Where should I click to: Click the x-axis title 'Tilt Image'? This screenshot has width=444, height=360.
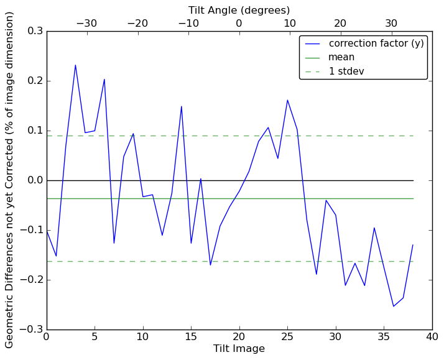[239, 349]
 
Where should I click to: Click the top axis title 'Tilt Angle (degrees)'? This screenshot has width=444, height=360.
[239, 10]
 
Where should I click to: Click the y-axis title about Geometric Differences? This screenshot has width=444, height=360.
[10, 180]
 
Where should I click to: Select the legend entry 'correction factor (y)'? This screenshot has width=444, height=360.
[376, 44]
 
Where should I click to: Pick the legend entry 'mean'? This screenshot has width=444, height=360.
[341, 57]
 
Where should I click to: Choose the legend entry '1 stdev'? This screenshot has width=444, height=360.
[346, 71]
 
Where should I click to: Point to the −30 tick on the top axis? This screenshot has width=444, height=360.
[86, 23]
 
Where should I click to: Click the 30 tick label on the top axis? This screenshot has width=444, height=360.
[391, 23]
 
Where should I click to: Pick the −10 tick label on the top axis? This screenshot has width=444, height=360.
[188, 23]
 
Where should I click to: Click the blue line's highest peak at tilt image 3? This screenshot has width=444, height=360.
[75, 65]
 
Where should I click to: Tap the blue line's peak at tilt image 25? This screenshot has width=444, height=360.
[287, 100]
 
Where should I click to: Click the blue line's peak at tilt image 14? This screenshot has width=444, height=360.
[182, 106]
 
